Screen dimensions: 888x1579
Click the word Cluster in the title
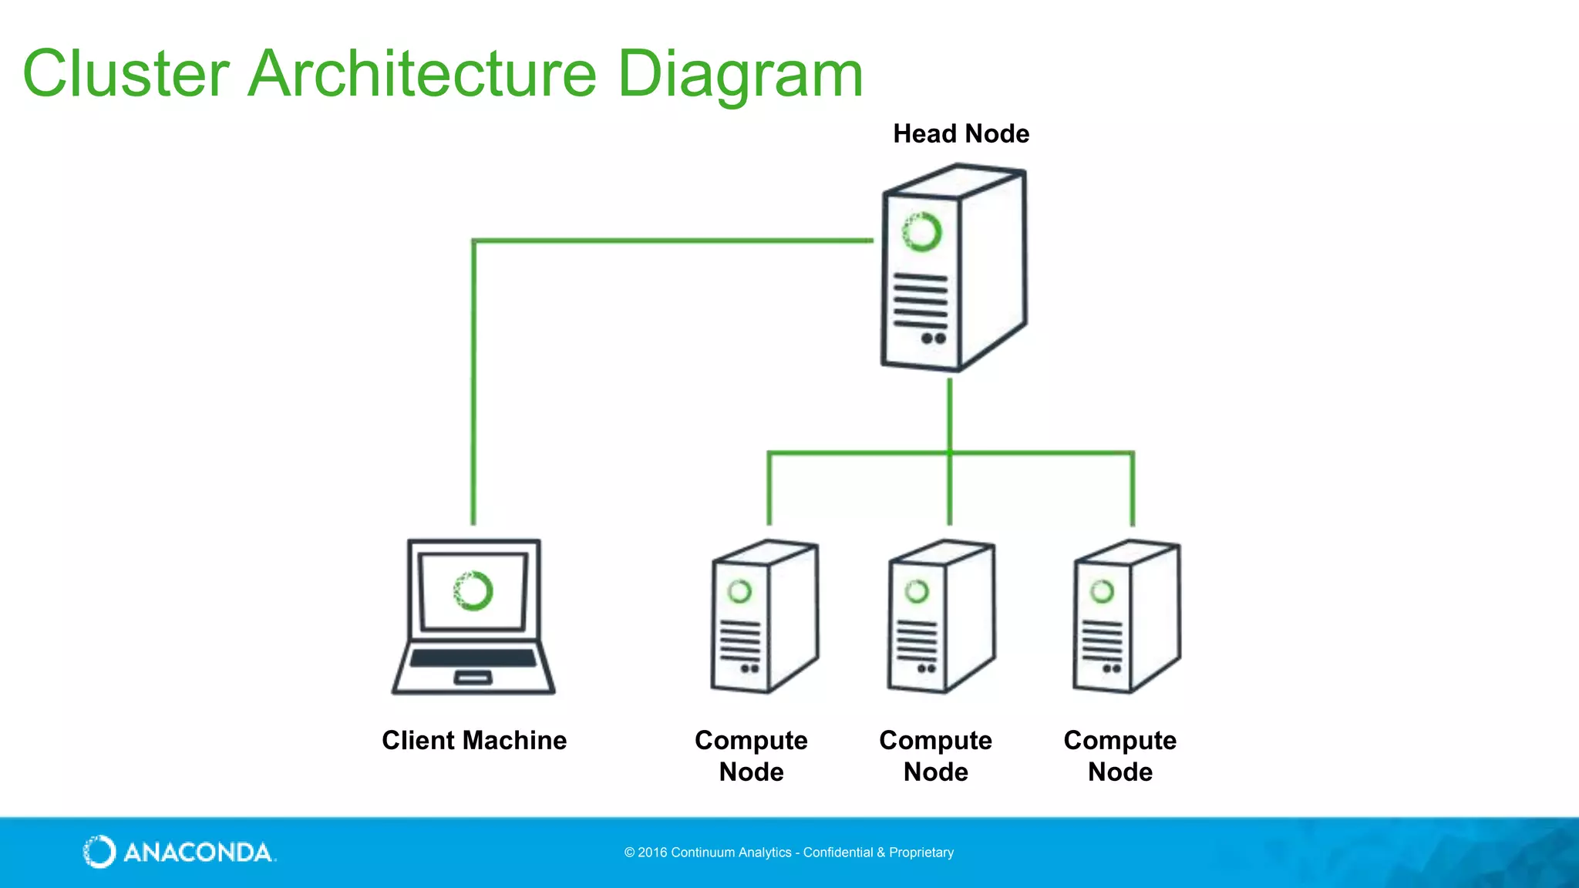[126, 74]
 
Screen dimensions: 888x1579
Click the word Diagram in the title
[739, 74]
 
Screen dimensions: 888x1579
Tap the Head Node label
[961, 134]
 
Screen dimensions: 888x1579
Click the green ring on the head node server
[922, 231]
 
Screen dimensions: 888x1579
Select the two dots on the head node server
[933, 338]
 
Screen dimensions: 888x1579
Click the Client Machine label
[474, 741]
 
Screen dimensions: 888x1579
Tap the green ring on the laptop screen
[473, 591]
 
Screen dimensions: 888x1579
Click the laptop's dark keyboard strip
[473, 658]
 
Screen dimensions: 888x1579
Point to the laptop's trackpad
[473, 678]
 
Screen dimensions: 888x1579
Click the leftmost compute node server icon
[763, 617]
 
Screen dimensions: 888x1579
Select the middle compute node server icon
[941, 617]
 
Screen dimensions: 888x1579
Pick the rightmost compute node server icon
[1126, 617]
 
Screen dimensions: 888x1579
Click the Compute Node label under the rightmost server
[1119, 756]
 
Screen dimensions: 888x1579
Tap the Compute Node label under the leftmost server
[751, 756]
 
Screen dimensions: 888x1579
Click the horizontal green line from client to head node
[671, 241]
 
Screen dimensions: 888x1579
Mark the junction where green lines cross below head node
[950, 452]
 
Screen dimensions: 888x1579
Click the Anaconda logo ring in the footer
[99, 852]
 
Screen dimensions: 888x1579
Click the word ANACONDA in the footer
[198, 853]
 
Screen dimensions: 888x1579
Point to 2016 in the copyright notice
[652, 853]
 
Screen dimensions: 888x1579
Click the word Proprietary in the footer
[921, 853]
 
